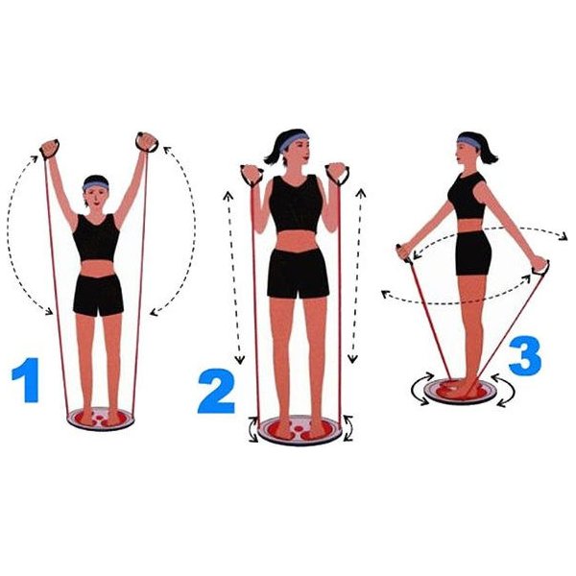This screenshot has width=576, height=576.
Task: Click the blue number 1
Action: [x=27, y=380]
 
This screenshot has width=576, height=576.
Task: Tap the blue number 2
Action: [x=216, y=391]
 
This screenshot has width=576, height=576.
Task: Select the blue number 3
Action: [x=525, y=356]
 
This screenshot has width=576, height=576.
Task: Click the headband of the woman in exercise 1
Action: [x=95, y=184]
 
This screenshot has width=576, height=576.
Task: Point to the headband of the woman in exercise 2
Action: [x=293, y=142]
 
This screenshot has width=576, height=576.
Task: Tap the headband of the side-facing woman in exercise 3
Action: [x=468, y=141]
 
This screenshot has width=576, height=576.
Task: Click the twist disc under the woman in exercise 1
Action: [x=100, y=419]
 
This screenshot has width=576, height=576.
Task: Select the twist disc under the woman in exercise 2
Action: [x=300, y=430]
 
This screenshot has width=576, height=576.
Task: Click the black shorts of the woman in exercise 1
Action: [x=98, y=296]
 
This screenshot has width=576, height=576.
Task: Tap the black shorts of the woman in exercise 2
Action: [x=298, y=274]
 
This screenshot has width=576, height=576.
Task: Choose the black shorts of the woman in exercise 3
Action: [x=473, y=253]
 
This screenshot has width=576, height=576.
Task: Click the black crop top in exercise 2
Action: [x=296, y=204]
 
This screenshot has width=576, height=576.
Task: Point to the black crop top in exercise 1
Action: [x=96, y=238]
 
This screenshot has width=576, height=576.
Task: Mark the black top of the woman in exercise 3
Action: [x=467, y=195]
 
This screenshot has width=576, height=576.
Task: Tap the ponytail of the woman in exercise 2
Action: [x=273, y=153]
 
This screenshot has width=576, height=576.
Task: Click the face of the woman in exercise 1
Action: [x=96, y=198]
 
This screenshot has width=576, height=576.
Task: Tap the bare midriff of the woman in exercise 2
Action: [x=297, y=241]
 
